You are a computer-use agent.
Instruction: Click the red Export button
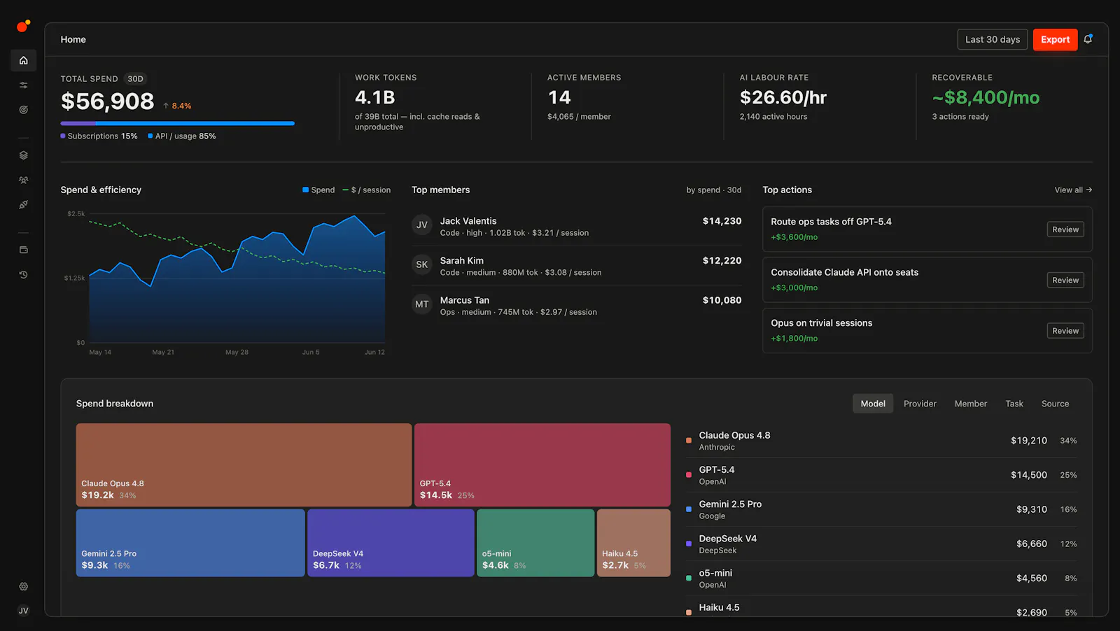[1055, 39]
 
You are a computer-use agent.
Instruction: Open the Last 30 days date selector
[993, 39]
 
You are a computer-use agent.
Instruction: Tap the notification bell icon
[1088, 39]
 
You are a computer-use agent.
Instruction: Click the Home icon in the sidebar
[24, 60]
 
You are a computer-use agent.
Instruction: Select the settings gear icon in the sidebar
[24, 586]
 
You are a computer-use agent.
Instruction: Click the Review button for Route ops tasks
[1065, 229]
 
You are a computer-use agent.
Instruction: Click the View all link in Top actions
[1073, 190]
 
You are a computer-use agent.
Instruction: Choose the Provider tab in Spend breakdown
[920, 404]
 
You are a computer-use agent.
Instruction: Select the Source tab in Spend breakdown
[1055, 404]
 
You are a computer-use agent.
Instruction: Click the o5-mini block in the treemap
[535, 543]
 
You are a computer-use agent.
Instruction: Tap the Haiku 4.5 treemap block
[633, 543]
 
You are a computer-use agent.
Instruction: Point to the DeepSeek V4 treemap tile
[391, 543]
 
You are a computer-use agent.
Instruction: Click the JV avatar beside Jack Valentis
[422, 225]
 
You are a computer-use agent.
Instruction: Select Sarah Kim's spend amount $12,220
[722, 261]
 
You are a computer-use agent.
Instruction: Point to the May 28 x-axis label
[237, 352]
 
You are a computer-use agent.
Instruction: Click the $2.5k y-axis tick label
[76, 214]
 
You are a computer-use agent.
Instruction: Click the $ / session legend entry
[367, 190]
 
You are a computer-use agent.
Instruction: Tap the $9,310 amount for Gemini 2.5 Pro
[1032, 509]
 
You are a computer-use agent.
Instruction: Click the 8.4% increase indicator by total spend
[177, 106]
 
